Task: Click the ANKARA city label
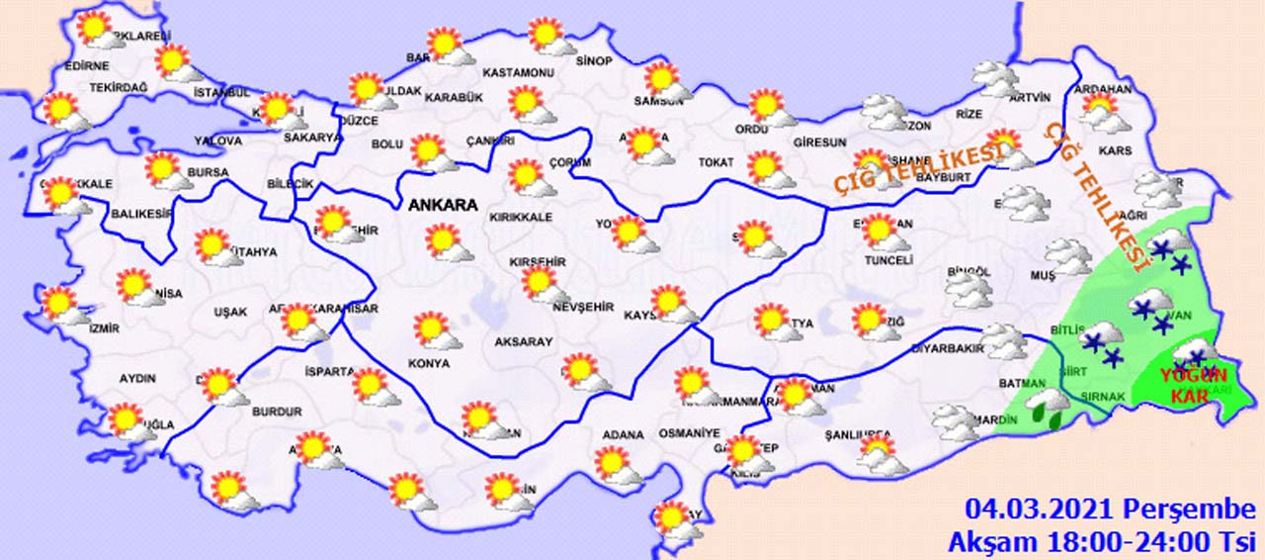click(442, 206)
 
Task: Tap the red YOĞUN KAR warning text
click(1192, 386)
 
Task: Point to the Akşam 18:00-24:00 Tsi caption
click(1101, 542)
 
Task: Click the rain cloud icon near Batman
click(1047, 407)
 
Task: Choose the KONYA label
click(428, 364)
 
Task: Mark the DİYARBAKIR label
click(947, 349)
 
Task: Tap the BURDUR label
click(277, 411)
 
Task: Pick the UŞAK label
click(230, 313)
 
